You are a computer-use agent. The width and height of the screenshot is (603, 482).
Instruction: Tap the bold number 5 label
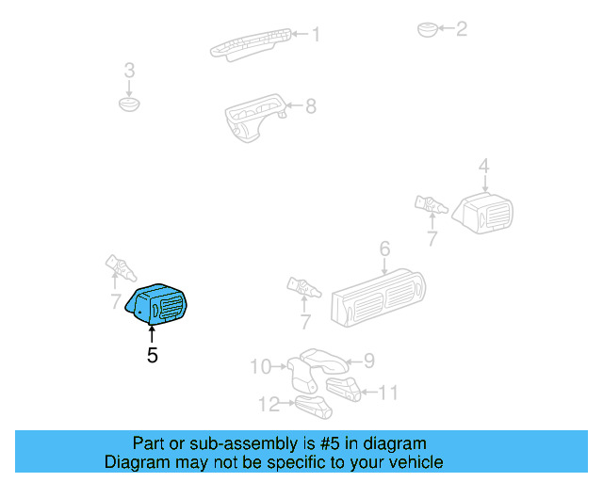[152, 356]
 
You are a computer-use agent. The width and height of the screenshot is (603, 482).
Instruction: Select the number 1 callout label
[316, 35]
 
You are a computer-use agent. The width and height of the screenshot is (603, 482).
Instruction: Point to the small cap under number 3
[129, 102]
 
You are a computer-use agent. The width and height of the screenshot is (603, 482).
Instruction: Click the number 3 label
[130, 71]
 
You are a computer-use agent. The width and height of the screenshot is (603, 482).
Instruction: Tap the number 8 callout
[311, 105]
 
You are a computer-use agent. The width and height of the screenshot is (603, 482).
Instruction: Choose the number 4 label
[483, 168]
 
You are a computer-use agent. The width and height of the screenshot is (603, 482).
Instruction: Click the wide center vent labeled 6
[377, 297]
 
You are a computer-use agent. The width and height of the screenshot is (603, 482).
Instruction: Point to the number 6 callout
[384, 249]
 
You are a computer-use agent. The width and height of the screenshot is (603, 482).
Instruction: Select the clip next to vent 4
[430, 203]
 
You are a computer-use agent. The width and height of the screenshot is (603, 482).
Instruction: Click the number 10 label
[259, 366]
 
